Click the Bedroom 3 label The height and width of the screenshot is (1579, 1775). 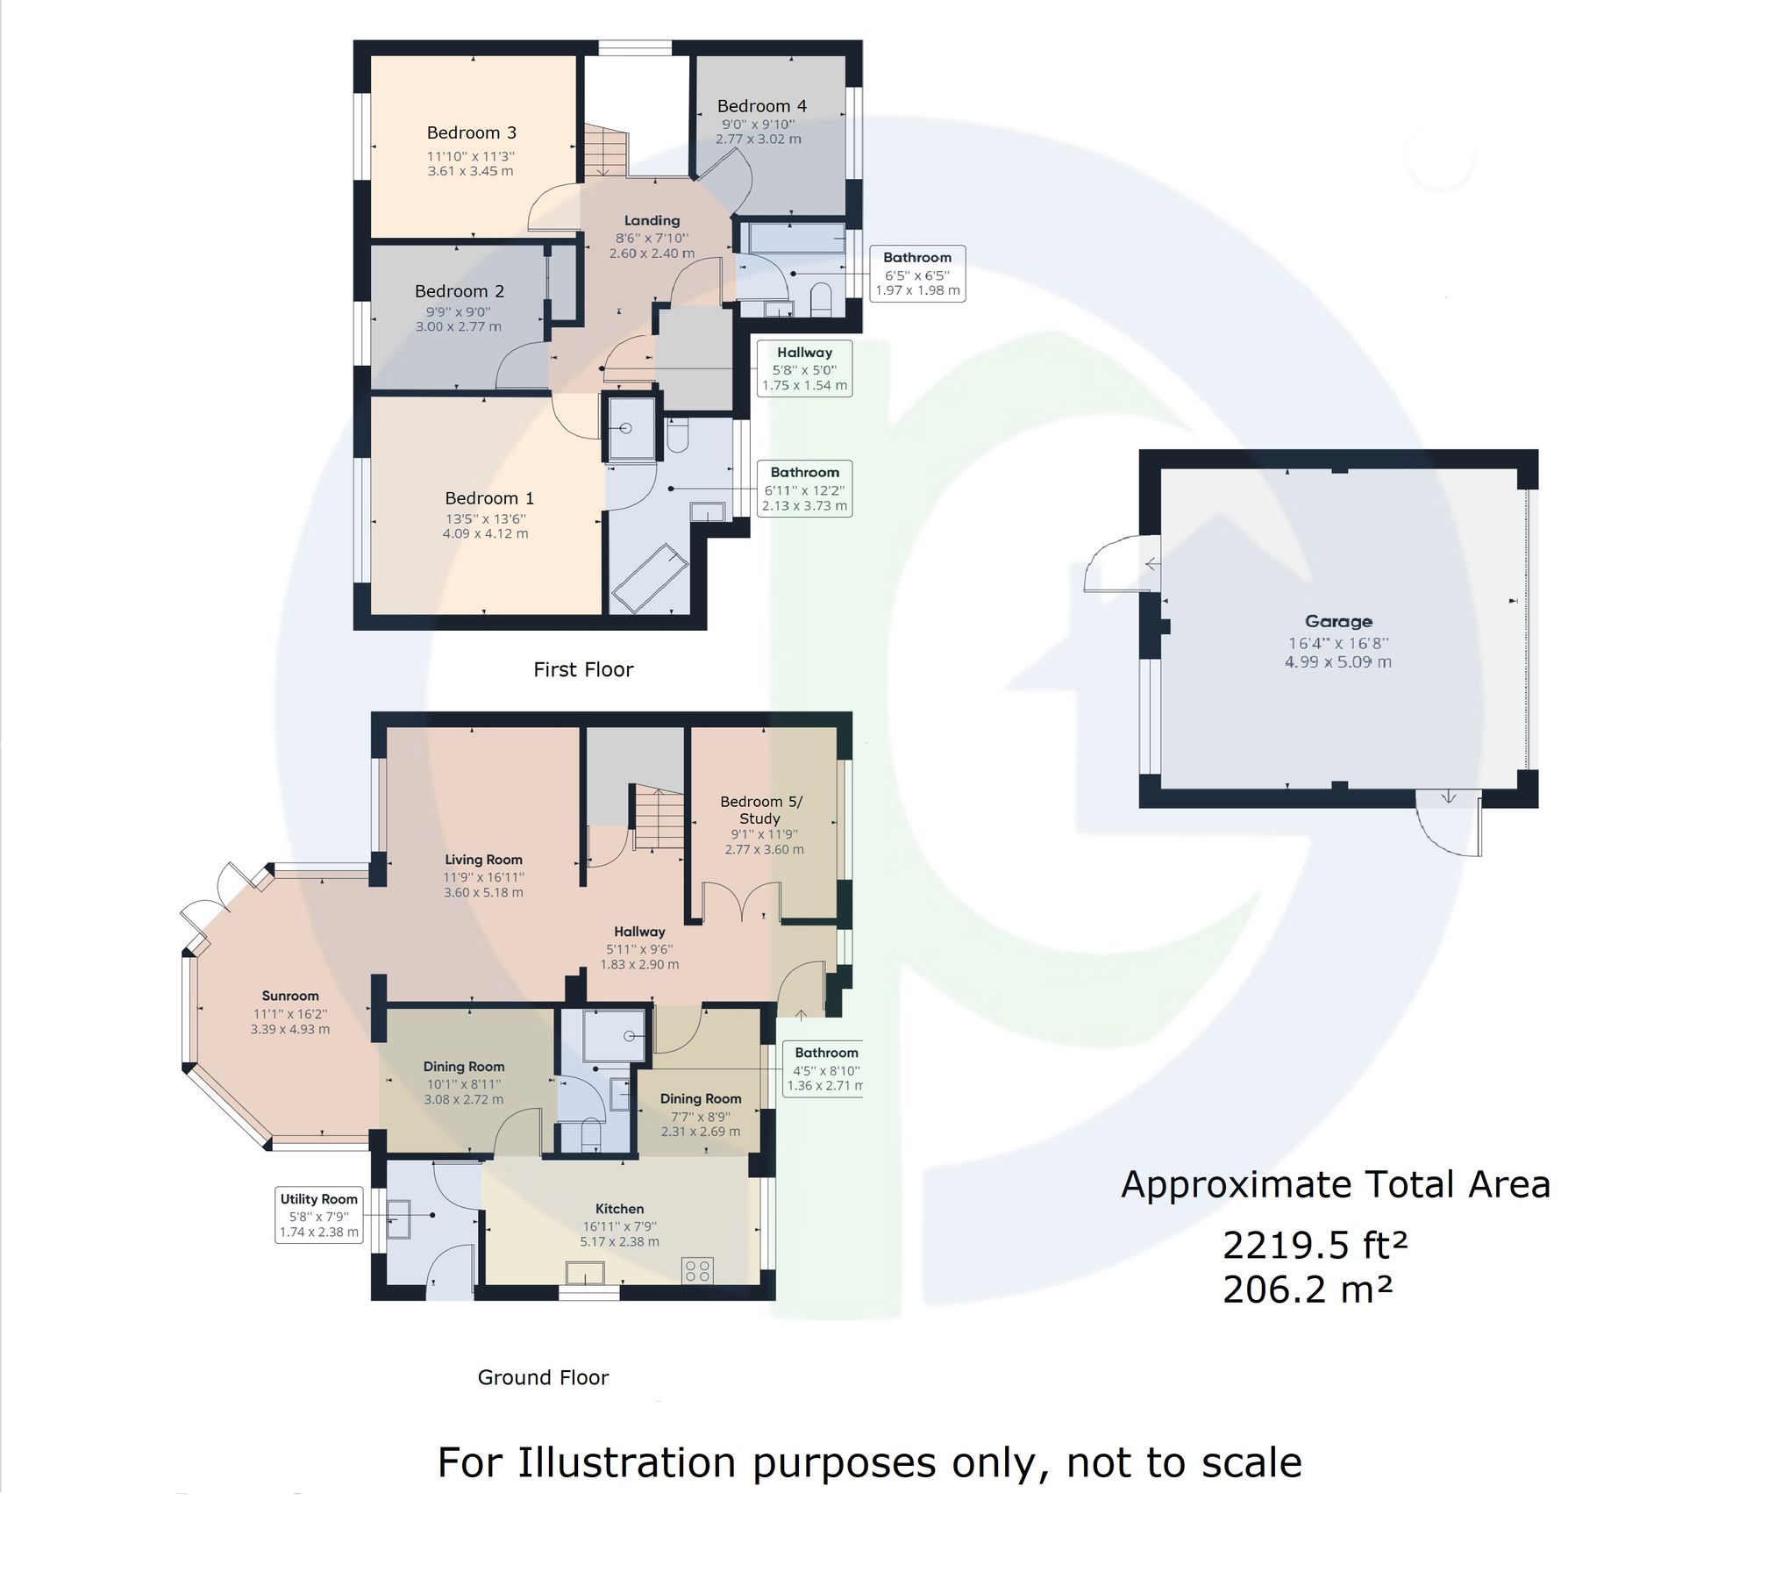tap(471, 132)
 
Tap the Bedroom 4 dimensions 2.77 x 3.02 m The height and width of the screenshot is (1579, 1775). tap(758, 139)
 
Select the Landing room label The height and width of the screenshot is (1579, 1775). tap(652, 220)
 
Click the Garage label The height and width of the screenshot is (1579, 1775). tap(1337, 621)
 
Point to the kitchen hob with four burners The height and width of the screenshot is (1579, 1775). tap(698, 1270)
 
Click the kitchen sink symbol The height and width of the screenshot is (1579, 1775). tap(584, 1272)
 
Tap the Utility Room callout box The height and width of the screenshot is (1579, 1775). tap(318, 1215)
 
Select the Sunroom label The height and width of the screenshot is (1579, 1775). tap(289, 996)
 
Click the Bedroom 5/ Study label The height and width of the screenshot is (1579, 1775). tap(760, 809)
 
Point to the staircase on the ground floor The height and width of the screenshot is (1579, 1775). tap(657, 818)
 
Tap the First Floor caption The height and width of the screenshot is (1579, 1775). tap(583, 669)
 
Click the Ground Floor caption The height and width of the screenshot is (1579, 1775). tap(543, 1377)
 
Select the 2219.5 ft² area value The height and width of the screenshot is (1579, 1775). tap(1315, 1245)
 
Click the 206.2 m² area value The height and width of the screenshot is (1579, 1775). tap(1307, 1290)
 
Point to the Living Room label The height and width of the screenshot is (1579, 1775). tap(483, 860)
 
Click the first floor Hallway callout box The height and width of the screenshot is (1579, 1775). tap(804, 368)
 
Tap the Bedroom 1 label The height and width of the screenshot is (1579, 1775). tap(488, 497)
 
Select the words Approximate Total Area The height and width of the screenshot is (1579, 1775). tap(1335, 1185)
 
